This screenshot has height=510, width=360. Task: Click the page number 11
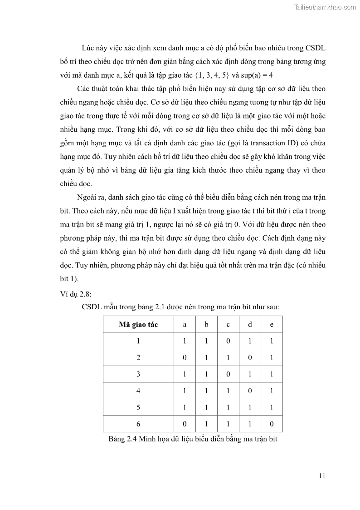(x=322, y=476)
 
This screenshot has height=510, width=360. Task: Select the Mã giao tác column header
(x=138, y=325)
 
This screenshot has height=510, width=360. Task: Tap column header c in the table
(x=228, y=325)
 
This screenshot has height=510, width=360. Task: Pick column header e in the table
(x=272, y=325)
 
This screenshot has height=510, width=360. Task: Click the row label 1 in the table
(x=138, y=341)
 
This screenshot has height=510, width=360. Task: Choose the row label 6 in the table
(x=138, y=424)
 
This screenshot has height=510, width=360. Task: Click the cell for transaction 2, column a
(x=185, y=358)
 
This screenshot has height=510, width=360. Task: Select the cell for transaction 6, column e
(x=272, y=424)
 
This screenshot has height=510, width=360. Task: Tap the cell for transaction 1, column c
(x=228, y=341)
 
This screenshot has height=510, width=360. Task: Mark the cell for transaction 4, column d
(x=250, y=391)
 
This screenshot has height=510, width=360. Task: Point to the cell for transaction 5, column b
(x=206, y=407)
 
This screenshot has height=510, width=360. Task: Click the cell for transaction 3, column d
(x=250, y=374)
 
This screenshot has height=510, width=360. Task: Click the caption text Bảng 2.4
(x=123, y=439)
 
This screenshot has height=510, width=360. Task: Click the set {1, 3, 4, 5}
(x=212, y=74)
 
